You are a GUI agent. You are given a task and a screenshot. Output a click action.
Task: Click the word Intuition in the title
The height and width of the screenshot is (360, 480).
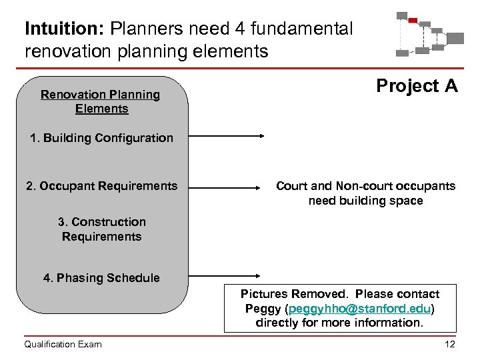pos(65,29)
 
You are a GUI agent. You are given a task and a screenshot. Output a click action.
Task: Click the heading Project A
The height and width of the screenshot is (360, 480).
pos(417,86)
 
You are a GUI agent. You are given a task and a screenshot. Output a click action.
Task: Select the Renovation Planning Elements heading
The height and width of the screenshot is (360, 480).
pos(101,101)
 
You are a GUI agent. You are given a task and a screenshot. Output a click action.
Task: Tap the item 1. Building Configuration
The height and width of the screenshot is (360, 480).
pos(101,138)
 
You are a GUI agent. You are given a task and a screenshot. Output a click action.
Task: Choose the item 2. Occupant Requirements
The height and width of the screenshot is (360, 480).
pos(102,186)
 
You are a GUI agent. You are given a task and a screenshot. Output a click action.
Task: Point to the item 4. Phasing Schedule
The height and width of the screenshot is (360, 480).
pos(101,278)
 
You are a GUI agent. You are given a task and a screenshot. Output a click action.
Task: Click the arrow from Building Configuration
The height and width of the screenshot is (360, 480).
pos(227,135)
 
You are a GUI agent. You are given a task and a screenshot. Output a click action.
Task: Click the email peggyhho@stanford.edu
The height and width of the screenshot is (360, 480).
pos(360,309)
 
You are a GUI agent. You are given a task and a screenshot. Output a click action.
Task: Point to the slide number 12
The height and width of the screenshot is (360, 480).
pos(449,344)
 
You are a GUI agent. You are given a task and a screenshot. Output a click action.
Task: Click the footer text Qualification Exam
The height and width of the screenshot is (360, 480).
pos(63,344)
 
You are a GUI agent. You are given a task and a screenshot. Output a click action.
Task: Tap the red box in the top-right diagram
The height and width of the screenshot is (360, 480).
pos(413,21)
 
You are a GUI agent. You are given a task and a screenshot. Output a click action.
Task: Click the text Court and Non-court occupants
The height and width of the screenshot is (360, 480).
pos(365,186)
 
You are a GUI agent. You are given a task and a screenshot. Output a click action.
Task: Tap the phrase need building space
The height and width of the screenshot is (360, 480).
pos(365,201)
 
